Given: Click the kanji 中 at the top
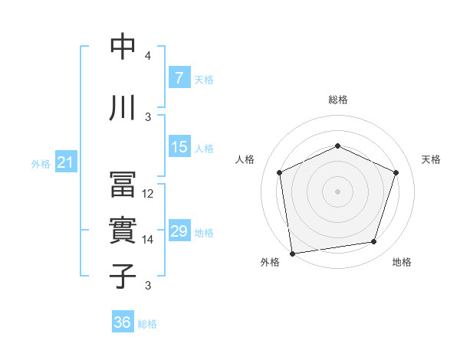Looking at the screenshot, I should (x=123, y=47).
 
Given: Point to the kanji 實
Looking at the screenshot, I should (x=123, y=231).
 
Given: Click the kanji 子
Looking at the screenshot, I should (x=123, y=276).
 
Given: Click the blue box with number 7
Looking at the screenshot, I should (x=179, y=77).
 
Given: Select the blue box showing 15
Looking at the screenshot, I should (x=179, y=147).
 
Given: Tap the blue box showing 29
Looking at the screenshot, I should (x=179, y=231).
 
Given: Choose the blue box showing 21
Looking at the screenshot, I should (x=65, y=162).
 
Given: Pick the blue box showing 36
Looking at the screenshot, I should (x=123, y=322).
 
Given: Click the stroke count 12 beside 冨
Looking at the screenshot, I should (x=148, y=194).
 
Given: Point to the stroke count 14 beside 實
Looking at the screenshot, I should (x=148, y=240).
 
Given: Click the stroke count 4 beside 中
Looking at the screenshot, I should (x=148, y=56).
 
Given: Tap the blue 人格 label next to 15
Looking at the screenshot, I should (x=204, y=148).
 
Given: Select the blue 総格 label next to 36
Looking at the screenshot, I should (x=147, y=323).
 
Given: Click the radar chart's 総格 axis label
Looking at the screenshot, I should (x=337, y=100).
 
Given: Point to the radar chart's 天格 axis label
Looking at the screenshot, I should (x=431, y=159).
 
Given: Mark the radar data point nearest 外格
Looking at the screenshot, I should (x=292, y=252).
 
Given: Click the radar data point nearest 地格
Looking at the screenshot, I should (x=374, y=242).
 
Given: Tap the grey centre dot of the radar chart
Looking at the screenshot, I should (x=337, y=191).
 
